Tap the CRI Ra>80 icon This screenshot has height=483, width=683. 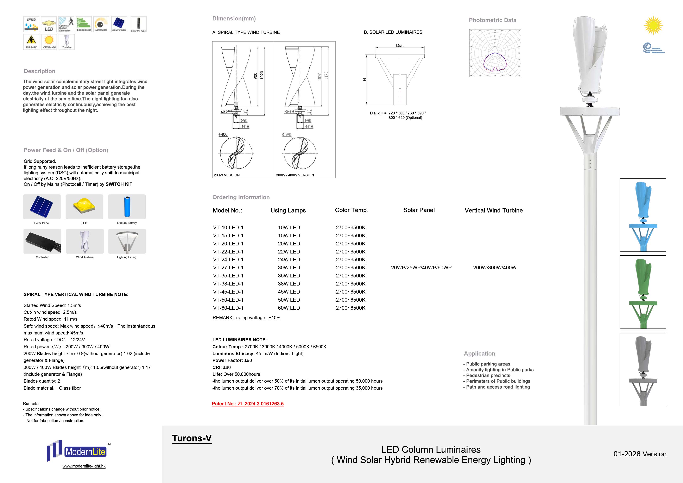click(49, 42)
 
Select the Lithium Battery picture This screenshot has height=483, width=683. click(127, 207)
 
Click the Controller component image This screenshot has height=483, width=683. click(42, 241)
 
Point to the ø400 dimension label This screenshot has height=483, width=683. click(223, 134)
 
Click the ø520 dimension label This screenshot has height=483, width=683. click(286, 134)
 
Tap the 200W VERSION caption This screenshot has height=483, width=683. click(227, 175)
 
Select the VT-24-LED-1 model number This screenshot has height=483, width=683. click(228, 259)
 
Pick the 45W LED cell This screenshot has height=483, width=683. click(289, 292)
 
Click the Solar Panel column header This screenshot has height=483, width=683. click(419, 210)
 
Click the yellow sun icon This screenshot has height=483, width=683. click(653, 25)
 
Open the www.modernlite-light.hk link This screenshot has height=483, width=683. click(84, 466)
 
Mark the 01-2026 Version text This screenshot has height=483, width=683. click(640, 454)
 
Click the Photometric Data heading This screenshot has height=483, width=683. click(492, 20)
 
